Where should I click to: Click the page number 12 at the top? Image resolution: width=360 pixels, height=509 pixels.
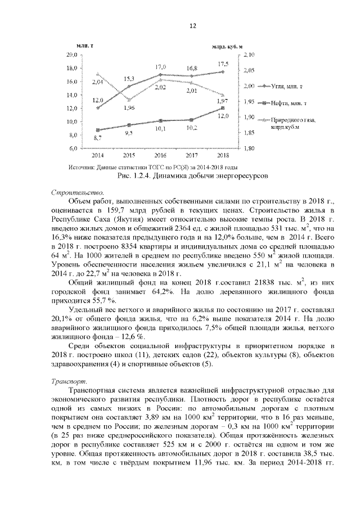coord(192,26)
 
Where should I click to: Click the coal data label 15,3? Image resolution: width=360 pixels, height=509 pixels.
coord(129,78)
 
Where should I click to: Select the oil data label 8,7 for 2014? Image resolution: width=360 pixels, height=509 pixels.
coord(98,138)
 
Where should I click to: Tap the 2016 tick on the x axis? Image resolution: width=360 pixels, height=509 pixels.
coord(160,155)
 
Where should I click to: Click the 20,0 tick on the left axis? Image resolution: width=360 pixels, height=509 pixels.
coord(71,55)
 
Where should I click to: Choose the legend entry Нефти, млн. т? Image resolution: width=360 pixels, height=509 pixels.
coord(289,103)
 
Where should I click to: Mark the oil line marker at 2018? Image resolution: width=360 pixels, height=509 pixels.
coord(223,108)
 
